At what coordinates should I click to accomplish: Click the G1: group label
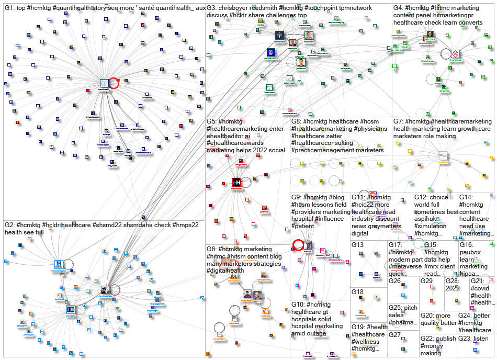point(10,8)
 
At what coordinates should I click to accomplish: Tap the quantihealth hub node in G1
point(105,83)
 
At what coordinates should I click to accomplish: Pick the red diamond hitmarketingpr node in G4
point(455,53)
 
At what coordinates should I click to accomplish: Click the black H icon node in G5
point(236,182)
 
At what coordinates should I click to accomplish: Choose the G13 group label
point(357,245)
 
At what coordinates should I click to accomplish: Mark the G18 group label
point(357,292)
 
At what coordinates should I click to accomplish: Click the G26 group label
point(394,281)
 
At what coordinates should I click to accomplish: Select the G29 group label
point(427,281)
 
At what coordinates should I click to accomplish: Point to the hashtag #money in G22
point(432,346)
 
